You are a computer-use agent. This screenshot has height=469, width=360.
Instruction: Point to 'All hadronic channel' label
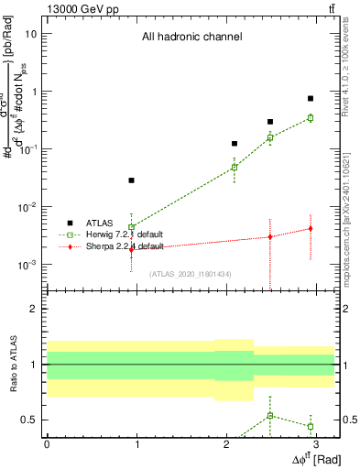click(x=191, y=38)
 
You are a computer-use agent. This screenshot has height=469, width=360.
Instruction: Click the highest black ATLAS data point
click(x=311, y=98)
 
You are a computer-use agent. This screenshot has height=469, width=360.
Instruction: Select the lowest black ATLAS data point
click(x=132, y=180)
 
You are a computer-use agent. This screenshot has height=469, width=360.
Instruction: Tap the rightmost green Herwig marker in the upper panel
click(x=311, y=118)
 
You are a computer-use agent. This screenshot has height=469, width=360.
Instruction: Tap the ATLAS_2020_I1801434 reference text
click(x=191, y=274)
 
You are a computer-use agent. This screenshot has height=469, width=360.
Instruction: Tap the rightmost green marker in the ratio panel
click(x=311, y=426)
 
